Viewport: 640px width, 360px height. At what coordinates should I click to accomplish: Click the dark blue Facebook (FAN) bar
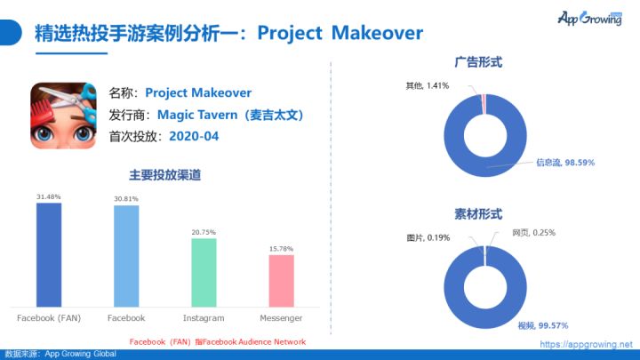pos(49,255)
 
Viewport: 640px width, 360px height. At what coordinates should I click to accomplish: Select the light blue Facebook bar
pos(126,256)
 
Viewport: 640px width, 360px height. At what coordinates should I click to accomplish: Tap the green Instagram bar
pos(204,273)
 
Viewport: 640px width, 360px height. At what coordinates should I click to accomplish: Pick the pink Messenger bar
pos(281,281)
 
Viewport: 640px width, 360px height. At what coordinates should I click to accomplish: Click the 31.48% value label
pos(49,196)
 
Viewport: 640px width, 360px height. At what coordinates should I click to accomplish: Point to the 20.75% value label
pos(204,232)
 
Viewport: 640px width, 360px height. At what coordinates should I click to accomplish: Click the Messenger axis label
pos(281,318)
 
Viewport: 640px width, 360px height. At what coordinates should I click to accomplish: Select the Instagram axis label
pos(204,318)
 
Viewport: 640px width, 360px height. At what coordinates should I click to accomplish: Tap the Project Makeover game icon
pos(63,116)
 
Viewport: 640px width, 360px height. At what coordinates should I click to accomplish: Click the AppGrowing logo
pos(590,18)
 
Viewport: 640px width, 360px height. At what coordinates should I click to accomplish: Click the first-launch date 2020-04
pos(194,136)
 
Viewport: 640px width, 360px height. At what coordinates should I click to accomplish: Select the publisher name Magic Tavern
pos(197,115)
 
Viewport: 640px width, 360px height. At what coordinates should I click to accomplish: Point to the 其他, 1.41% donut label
pos(428,85)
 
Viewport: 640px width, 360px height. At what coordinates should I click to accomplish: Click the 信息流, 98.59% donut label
pos(565,163)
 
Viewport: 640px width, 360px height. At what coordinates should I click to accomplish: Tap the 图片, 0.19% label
pos(428,237)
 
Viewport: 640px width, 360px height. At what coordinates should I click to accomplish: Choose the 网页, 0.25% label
pos(534,233)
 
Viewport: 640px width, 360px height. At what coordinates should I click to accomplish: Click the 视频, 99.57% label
pos(543,325)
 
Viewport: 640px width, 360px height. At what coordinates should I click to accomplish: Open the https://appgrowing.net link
pos(586,344)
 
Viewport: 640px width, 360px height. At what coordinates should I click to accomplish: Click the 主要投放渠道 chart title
pos(165,175)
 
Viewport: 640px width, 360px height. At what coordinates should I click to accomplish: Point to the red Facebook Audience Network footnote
pos(218,342)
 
